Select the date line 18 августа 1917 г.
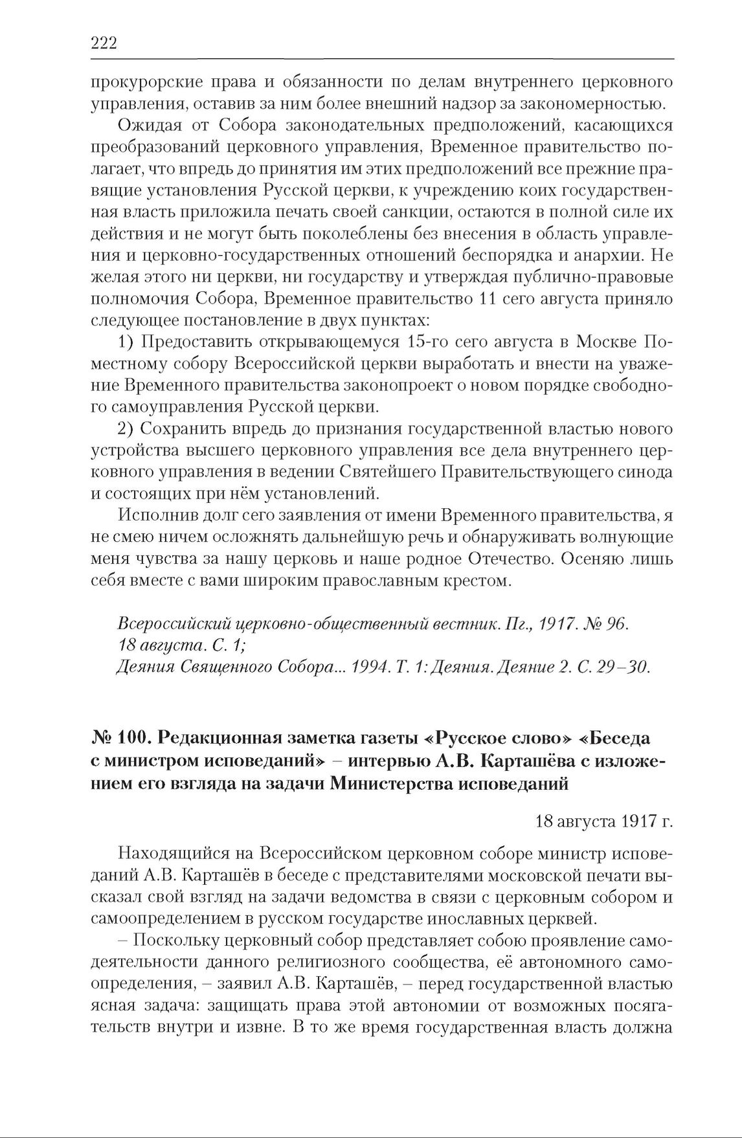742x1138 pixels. click(x=604, y=822)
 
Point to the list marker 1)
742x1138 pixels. click(x=126, y=342)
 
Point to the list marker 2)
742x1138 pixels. click(x=126, y=429)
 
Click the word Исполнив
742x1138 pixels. click(x=152, y=516)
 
